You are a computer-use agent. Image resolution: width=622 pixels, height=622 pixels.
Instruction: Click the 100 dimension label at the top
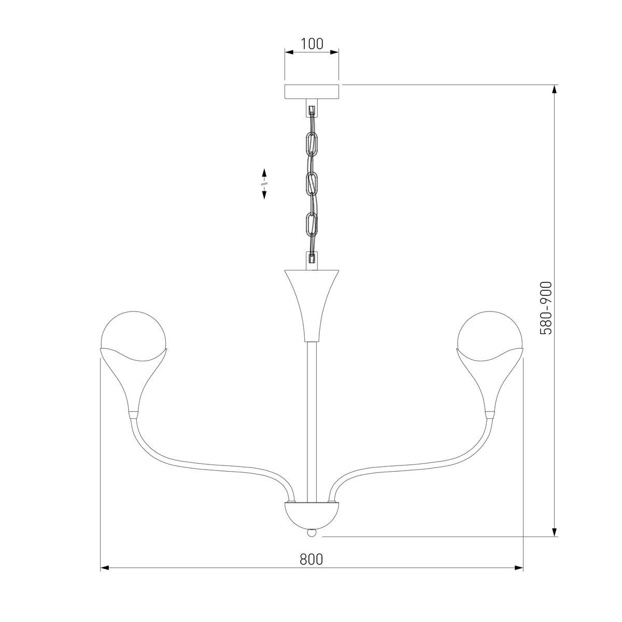[x=312, y=44]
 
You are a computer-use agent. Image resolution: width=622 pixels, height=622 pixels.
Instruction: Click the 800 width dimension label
[x=311, y=559]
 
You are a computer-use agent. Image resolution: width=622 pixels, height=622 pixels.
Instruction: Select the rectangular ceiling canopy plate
[x=312, y=91]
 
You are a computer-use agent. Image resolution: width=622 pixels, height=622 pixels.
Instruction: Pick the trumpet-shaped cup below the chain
[x=312, y=303]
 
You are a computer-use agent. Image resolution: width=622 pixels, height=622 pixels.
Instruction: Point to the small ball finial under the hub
[x=312, y=532]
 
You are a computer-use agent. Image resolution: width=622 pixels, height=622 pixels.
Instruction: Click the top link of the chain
[x=312, y=144]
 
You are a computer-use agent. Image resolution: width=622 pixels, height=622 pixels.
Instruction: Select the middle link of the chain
[x=312, y=185]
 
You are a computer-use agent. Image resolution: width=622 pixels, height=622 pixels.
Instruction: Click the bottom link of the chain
[x=312, y=224]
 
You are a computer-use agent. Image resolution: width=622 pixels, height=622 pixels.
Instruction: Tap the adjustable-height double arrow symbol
[x=264, y=183]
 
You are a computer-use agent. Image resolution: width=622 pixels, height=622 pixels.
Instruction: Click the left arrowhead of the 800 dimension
[x=104, y=568]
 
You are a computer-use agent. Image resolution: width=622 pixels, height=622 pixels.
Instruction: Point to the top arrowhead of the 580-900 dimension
[x=555, y=89]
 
